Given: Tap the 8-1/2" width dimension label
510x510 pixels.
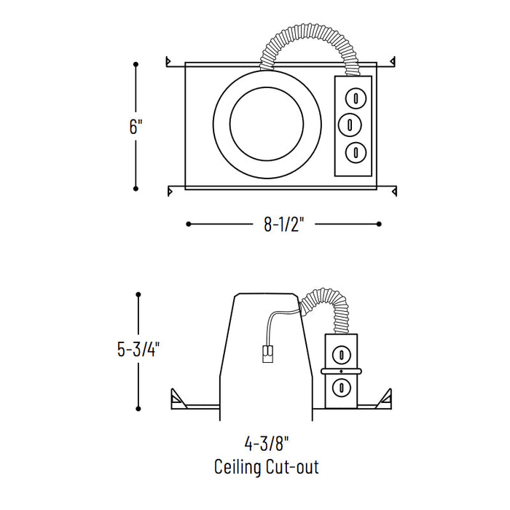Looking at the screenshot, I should [x=283, y=224].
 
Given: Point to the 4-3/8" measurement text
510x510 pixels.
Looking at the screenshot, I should [x=266, y=442].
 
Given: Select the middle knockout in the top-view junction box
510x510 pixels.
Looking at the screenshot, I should [x=350, y=124].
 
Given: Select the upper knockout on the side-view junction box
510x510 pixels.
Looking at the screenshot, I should [x=340, y=356].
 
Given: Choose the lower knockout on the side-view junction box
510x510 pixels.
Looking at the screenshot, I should [x=340, y=386].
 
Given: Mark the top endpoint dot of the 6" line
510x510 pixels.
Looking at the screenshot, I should [x=136, y=65].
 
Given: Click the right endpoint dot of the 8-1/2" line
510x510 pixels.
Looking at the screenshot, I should [x=378, y=224].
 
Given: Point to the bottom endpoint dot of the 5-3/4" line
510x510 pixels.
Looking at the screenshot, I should [x=138, y=408].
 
